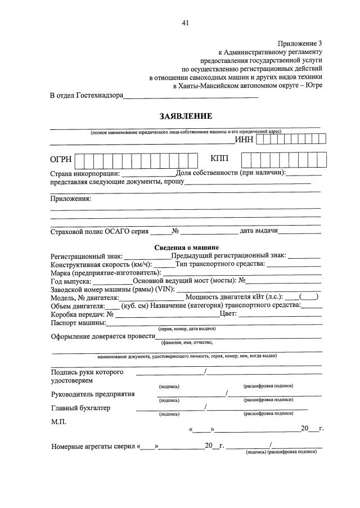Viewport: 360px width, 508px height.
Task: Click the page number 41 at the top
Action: [x=186, y=23]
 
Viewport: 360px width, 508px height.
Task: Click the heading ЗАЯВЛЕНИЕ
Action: [x=186, y=116]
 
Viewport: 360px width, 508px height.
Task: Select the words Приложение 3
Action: [x=301, y=43]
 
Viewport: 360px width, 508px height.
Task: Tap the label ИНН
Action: [x=244, y=140]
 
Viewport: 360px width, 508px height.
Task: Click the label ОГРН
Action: [x=61, y=160]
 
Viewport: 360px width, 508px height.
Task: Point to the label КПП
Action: [x=220, y=160]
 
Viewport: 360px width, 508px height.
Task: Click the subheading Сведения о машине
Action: [x=186, y=248]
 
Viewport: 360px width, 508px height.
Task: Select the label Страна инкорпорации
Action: [x=84, y=173]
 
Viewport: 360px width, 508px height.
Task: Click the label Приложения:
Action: [x=70, y=199]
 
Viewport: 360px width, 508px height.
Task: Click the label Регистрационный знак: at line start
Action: [x=86, y=256]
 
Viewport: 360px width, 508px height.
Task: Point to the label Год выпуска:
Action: [x=71, y=281]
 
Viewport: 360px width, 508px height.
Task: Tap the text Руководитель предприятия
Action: [x=93, y=394]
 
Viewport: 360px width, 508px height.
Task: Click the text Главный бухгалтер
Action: [x=81, y=408]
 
